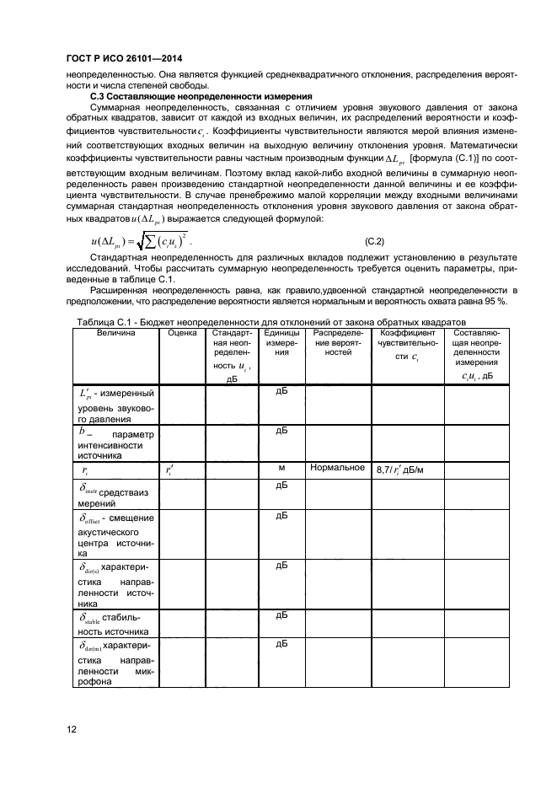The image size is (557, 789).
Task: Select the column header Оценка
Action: (x=181, y=333)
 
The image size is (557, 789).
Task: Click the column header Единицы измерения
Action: (x=282, y=343)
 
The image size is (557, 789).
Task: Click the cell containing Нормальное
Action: (x=337, y=467)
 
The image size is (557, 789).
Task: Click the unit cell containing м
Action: (x=282, y=467)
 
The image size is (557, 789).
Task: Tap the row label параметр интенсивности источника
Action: (x=115, y=443)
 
